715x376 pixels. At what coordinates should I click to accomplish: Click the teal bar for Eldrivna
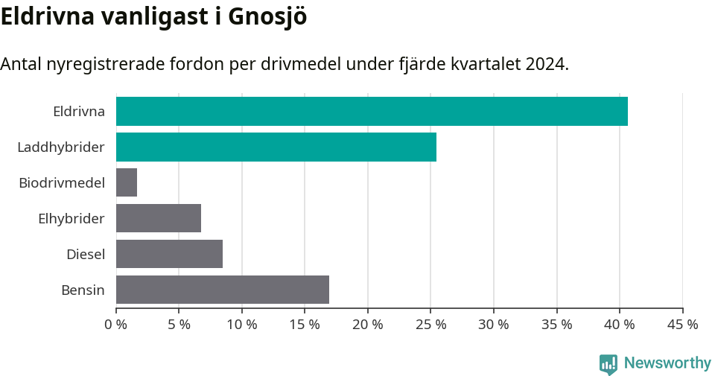click(x=372, y=112)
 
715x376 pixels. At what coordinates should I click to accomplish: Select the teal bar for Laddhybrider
click(x=276, y=147)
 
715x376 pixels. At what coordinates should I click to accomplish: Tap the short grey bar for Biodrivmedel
click(x=127, y=182)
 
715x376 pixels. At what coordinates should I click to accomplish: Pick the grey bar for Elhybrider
click(x=159, y=218)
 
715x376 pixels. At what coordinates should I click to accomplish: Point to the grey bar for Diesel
click(x=169, y=254)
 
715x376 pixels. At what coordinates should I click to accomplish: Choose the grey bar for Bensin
click(x=223, y=290)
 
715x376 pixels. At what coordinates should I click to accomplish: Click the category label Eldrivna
click(x=79, y=112)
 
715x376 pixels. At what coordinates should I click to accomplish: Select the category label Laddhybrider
click(x=61, y=147)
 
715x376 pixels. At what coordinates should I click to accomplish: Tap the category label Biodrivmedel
click(x=62, y=182)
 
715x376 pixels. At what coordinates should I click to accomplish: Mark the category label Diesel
click(x=86, y=254)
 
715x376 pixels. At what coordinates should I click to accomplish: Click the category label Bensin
click(x=83, y=290)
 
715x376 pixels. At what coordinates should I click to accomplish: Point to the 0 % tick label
click(x=116, y=325)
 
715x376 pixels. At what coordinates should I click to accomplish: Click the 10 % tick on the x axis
click(x=242, y=325)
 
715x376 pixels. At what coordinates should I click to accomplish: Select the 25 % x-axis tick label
click(x=430, y=325)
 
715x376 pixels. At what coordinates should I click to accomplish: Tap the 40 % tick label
click(x=620, y=325)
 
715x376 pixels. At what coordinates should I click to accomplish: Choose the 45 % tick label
click(x=682, y=325)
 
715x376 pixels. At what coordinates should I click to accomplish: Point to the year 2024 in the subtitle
click(x=545, y=64)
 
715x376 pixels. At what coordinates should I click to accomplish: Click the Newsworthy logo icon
click(x=608, y=363)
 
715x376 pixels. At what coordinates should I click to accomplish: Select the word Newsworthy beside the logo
click(x=667, y=363)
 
